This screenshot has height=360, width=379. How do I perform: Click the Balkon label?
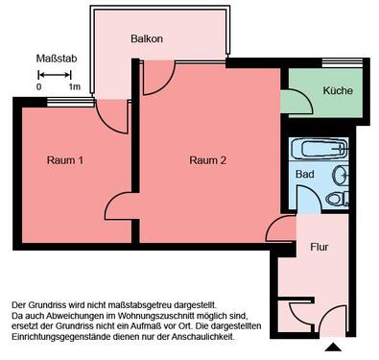[147, 38]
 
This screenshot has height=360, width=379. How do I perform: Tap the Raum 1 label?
[65, 160]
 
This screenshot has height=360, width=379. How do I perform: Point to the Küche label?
[337, 91]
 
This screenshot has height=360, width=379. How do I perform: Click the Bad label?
[304, 175]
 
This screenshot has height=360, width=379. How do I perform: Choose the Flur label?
[320, 247]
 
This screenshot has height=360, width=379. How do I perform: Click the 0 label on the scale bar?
[39, 86]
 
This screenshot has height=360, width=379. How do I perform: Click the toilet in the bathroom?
[336, 199]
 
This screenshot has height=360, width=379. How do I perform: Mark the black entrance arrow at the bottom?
[333, 346]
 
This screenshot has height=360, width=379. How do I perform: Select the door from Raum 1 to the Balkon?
[115, 115]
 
